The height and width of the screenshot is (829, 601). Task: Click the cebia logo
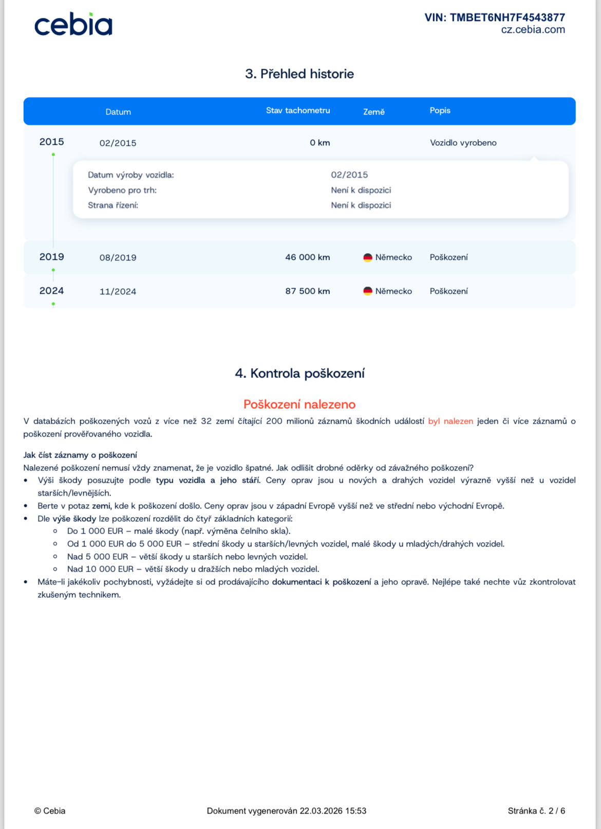73,25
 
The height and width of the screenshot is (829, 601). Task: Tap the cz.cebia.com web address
533,30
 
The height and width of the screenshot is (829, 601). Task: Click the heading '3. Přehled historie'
299,74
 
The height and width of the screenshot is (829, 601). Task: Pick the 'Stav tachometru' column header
298,110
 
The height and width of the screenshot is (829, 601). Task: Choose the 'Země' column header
373,111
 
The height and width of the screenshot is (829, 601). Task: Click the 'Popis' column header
440,110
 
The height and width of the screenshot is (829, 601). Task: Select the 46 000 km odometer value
307,257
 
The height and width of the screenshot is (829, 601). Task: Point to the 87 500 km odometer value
307,291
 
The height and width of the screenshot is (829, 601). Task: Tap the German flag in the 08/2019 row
368,257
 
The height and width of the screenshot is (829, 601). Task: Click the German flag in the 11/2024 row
368,291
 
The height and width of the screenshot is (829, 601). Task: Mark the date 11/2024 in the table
118,292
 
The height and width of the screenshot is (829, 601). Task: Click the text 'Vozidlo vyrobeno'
463,143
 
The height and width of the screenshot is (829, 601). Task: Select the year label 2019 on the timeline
51,257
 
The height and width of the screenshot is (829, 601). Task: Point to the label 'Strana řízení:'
113,205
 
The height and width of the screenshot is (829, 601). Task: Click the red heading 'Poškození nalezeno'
299,404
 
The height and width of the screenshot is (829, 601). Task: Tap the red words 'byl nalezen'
450,421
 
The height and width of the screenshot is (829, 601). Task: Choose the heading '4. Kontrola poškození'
299,373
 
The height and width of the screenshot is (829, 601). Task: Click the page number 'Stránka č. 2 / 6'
536,811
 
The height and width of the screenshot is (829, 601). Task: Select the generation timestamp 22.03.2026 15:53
333,811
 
